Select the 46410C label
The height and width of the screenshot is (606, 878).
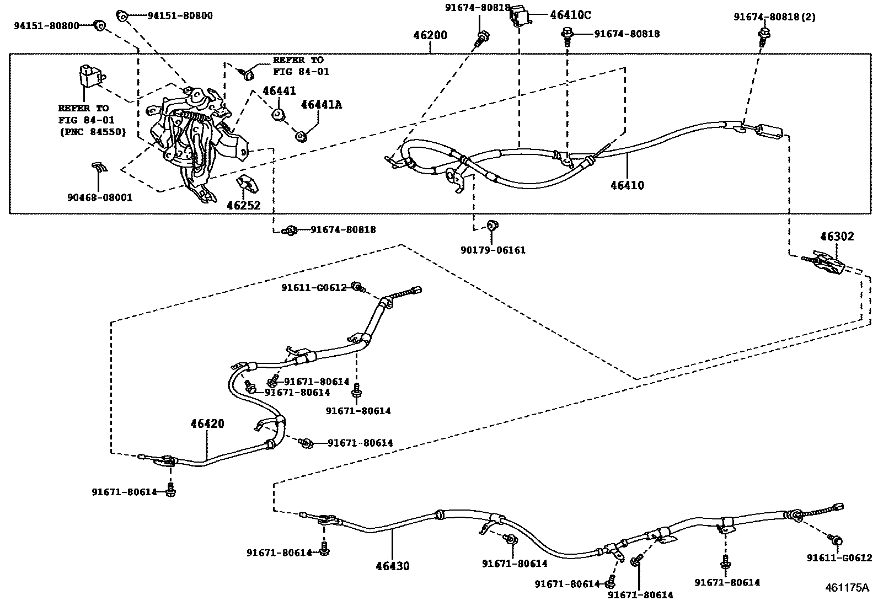570,15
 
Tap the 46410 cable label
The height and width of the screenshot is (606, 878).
627,185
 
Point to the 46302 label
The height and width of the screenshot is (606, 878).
836,237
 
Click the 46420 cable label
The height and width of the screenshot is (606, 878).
207,424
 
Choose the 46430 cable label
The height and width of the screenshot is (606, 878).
393,566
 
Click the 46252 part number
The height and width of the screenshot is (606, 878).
243,206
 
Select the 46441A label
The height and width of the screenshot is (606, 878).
321,105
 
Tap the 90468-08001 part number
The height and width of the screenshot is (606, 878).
100,197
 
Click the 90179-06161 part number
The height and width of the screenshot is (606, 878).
493,250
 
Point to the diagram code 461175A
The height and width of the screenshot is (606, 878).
847,587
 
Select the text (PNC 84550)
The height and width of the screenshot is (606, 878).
92,132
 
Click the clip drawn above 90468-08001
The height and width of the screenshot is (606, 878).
99,167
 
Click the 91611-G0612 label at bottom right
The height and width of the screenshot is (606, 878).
839,558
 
